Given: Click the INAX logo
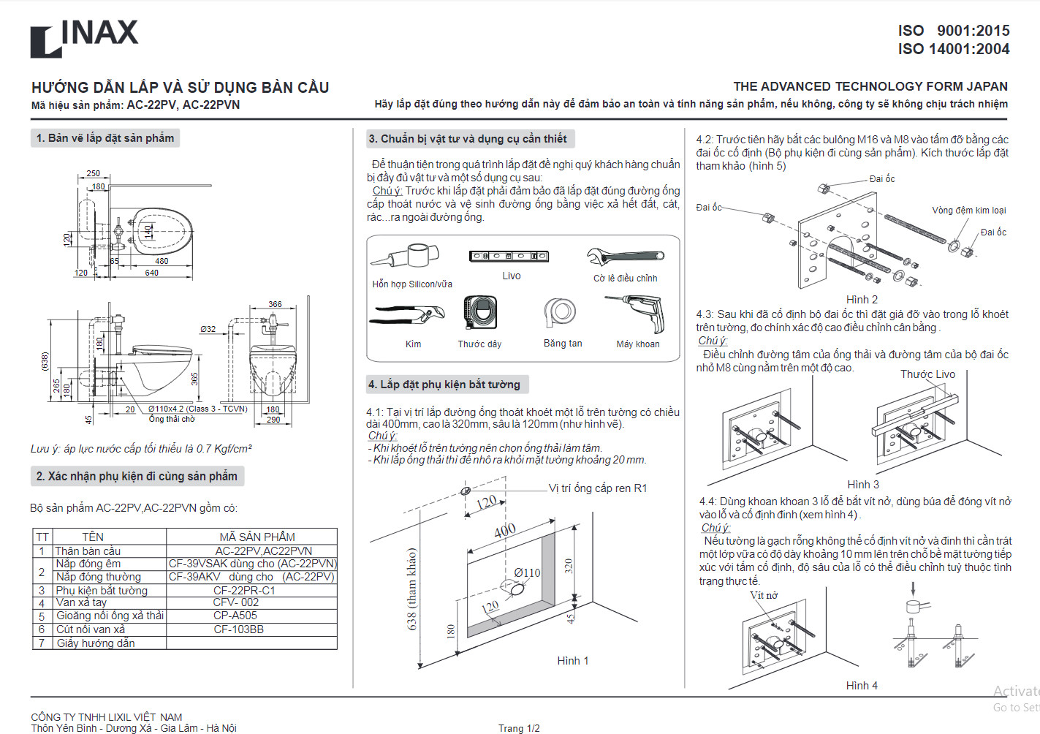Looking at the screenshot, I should [84, 38].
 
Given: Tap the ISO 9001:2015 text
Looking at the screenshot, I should [953, 31].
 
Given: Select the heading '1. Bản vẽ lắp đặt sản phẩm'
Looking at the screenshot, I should [105, 138].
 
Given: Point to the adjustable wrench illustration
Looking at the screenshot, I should [625, 257].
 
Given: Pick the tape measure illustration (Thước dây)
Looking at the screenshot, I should [480, 312].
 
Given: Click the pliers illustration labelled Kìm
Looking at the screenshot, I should [407, 315].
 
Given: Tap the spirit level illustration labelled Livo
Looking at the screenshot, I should [509, 256].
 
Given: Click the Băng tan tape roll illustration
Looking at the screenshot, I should [561, 312].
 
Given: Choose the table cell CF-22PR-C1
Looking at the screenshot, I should [244, 590].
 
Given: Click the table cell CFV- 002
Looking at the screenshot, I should [236, 602].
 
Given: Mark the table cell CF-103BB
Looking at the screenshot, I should [238, 629].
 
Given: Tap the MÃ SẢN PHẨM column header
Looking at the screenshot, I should [257, 537].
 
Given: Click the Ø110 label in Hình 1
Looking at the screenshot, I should [527, 573].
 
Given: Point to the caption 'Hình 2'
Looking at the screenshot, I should [862, 300].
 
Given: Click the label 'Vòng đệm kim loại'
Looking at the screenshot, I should [968, 211].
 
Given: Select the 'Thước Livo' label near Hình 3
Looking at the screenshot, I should [927, 374].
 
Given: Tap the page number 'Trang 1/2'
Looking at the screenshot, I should [519, 728].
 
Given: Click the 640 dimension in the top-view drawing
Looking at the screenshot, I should [151, 273].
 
